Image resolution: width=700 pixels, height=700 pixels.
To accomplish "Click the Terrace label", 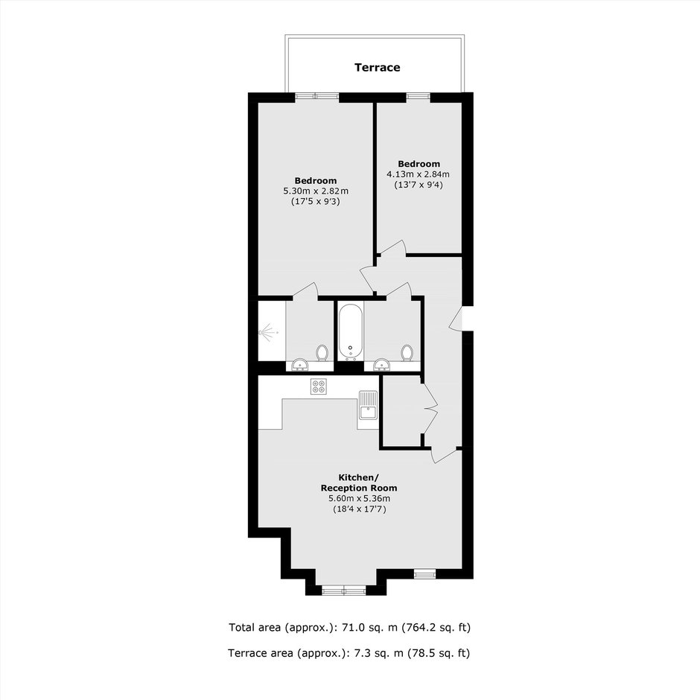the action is (x=378, y=68).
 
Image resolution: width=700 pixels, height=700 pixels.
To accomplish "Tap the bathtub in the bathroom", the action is (x=351, y=331).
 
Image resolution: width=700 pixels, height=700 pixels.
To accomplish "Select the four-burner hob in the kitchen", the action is (x=319, y=386).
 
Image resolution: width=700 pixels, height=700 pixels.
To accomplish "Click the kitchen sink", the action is (x=368, y=405).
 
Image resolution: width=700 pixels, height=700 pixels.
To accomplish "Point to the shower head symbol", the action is (x=269, y=333).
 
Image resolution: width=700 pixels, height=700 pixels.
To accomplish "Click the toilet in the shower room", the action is (x=322, y=353).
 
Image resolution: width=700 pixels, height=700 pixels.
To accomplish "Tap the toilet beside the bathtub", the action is (x=407, y=353).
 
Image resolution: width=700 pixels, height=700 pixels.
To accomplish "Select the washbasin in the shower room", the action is (x=300, y=365).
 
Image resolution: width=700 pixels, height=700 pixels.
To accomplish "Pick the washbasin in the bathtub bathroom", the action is (x=381, y=365).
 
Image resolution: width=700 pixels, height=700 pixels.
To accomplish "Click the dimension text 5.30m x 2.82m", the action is (x=316, y=191).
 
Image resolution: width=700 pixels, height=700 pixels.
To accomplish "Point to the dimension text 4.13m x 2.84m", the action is (x=419, y=174).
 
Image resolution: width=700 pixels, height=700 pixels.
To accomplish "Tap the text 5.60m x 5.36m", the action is (x=359, y=499).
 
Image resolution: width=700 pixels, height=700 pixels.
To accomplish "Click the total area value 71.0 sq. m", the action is (x=369, y=627).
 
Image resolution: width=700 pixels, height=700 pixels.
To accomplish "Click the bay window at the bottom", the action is (x=344, y=591).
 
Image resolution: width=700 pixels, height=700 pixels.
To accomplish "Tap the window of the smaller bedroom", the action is (x=419, y=95).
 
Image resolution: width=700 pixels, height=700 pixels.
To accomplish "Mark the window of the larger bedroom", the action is (x=317, y=95).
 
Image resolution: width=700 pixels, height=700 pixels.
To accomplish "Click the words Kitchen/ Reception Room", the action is (x=359, y=482).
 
